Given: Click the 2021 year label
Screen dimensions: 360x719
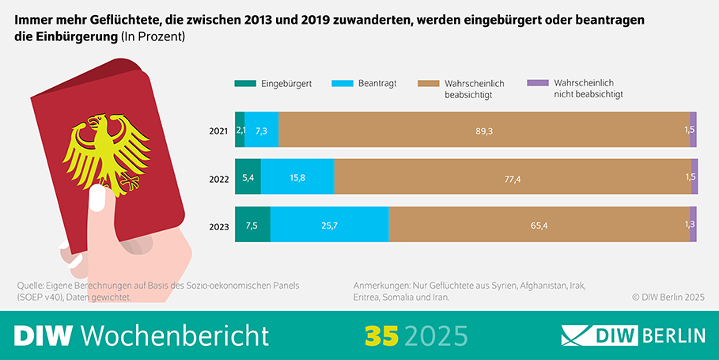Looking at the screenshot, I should tap(219, 131).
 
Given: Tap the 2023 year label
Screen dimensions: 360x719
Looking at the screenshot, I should tap(219, 225).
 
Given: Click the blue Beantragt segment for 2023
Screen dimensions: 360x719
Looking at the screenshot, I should tap(329, 225).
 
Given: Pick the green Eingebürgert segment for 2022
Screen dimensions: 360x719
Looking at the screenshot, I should tap(248, 177).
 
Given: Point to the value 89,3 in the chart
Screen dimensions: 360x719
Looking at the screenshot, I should tap(484, 131).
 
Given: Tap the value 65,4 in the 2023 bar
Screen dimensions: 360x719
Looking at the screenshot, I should tap(539, 225).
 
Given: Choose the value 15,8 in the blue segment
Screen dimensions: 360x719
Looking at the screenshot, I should tap(297, 177).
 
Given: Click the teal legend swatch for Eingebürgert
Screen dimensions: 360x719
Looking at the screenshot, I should tap(244, 83).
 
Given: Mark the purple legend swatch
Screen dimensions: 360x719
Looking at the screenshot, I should tap(536, 83).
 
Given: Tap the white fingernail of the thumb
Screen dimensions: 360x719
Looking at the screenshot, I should tap(98, 199).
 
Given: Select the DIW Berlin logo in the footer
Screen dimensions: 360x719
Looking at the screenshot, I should tap(633, 335).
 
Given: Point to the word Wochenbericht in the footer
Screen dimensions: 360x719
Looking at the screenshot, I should tap(175, 335).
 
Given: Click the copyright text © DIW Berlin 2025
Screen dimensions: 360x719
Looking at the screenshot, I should tap(668, 297).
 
